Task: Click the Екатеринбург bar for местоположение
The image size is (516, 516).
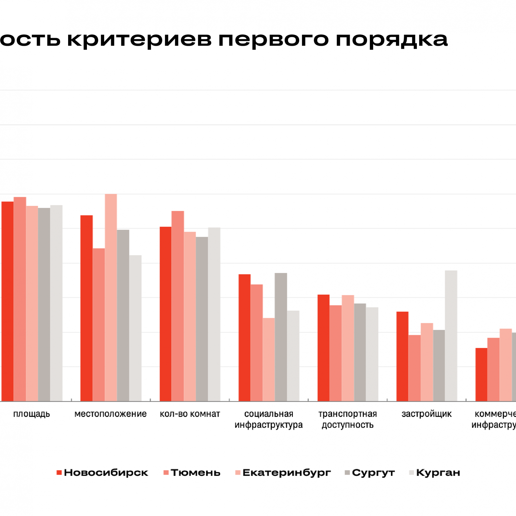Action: click(111, 297)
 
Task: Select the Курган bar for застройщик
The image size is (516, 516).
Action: click(451, 336)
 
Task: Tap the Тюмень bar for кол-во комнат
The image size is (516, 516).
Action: click(178, 306)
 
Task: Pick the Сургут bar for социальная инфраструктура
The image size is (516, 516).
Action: click(281, 337)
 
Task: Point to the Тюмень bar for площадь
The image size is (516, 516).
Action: click(20, 299)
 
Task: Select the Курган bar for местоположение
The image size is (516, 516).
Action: click(135, 328)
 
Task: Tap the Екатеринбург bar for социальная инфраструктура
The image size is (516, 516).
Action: click(269, 359)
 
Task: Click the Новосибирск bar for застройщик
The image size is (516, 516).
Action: click(402, 356)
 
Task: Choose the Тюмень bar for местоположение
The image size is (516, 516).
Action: click(99, 325)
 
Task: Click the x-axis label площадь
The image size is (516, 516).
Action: click(31, 414)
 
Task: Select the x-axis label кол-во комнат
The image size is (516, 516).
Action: click(190, 414)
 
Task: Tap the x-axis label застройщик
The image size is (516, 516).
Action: click(426, 414)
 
